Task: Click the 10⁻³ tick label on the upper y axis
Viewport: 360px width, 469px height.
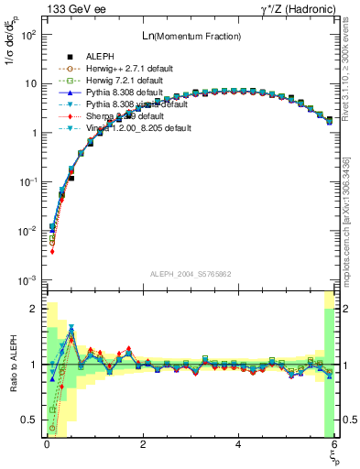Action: (x=27, y=279)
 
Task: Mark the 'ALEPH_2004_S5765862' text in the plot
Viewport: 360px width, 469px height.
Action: (x=190, y=274)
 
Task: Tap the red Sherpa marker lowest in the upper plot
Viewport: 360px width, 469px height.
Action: (x=52, y=251)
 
